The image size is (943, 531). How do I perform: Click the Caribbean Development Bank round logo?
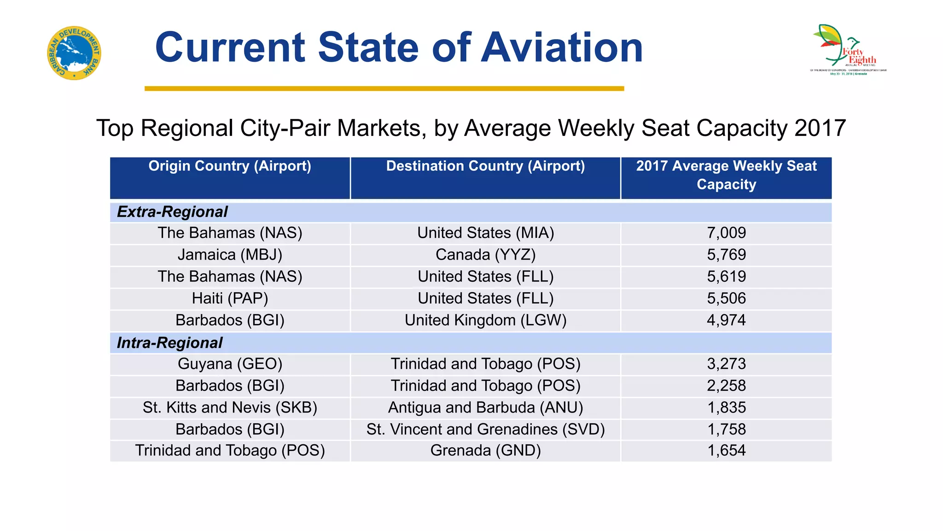point(74,53)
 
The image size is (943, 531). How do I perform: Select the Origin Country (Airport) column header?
point(230,166)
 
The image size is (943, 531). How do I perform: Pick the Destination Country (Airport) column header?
point(485,166)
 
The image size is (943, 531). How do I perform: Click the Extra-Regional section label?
point(172,212)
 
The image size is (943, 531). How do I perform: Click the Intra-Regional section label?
point(169,343)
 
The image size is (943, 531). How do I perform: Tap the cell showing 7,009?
point(726,233)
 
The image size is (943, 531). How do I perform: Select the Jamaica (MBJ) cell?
point(230,255)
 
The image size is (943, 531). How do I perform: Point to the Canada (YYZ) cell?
point(485,255)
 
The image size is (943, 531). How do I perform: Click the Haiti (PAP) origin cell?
point(230,299)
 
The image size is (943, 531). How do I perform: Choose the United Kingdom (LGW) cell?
point(485,320)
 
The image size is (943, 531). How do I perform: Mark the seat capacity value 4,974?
point(726,320)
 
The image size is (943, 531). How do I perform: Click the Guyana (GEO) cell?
point(230,364)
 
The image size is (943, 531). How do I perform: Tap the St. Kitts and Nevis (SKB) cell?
point(230,408)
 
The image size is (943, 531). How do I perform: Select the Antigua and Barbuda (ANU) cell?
point(485,408)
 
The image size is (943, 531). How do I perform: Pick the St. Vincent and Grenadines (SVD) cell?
point(485,430)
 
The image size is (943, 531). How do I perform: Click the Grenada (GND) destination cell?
point(485,451)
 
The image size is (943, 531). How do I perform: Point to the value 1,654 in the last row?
point(726,451)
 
